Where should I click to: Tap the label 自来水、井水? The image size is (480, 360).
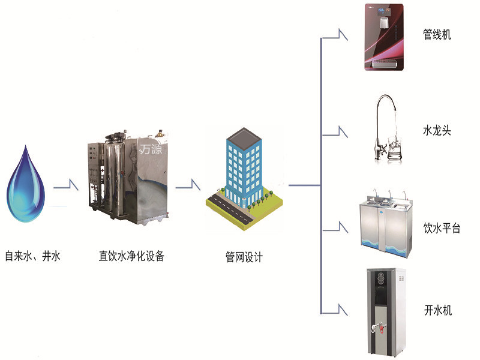(x=33, y=256)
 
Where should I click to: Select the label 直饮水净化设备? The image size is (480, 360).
(x=131, y=256)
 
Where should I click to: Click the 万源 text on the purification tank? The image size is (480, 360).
(x=151, y=149)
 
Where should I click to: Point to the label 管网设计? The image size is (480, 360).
(x=244, y=257)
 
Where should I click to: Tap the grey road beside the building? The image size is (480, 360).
(x=231, y=209)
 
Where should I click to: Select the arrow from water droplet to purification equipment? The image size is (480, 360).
(x=66, y=185)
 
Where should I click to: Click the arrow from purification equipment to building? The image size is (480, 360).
(x=188, y=185)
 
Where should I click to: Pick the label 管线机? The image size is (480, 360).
(x=437, y=34)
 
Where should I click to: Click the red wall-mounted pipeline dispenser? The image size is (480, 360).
(x=384, y=37)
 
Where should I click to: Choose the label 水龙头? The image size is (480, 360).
(x=437, y=130)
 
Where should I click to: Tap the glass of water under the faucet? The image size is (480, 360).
(x=395, y=148)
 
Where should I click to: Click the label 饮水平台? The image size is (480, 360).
(x=442, y=228)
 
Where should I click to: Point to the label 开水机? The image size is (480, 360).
(x=438, y=310)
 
